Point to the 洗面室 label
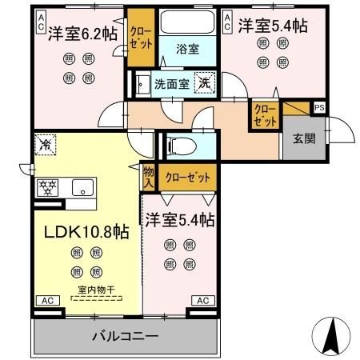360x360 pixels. pos(170,82)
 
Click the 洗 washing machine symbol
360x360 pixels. pos(206,82)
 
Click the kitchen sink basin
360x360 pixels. pos(83,189)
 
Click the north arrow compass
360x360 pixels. pos(336,331)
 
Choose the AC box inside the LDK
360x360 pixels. pos(47,300)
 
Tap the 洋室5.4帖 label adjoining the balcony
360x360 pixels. pos(180,218)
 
